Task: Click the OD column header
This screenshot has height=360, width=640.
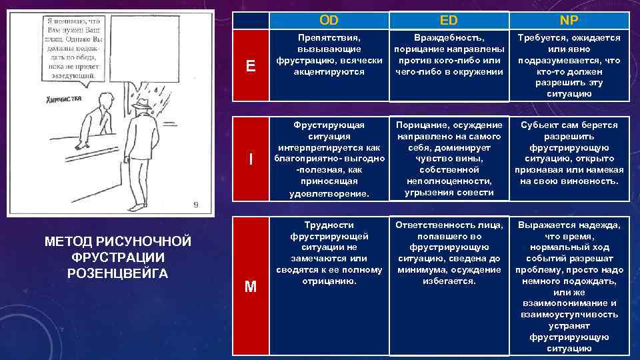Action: pyautogui.click(x=328, y=20)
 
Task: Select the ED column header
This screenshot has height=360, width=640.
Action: pyautogui.click(x=448, y=20)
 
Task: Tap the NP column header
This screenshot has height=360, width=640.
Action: pyautogui.click(x=569, y=20)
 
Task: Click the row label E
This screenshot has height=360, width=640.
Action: pyautogui.click(x=251, y=65)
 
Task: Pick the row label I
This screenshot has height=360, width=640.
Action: pyautogui.click(x=251, y=159)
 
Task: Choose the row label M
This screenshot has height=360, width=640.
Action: pyautogui.click(x=251, y=287)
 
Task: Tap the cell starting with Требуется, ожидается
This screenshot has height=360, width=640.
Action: pyautogui.click(x=569, y=65)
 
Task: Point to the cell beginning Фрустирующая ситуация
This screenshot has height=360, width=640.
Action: pyautogui.click(x=328, y=159)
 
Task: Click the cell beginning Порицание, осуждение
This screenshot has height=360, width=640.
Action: pyautogui.click(x=448, y=159)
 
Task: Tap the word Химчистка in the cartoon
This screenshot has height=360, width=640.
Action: pyautogui.click(x=64, y=99)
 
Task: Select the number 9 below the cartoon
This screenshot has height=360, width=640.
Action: pyautogui.click(x=195, y=205)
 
